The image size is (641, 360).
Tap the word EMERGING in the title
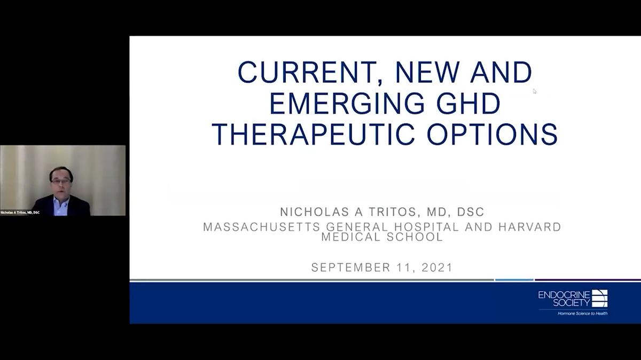[x=347, y=104]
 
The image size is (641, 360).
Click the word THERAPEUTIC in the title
[x=313, y=134]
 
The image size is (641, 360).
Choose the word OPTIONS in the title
[x=492, y=134]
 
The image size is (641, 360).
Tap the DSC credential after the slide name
[x=471, y=212]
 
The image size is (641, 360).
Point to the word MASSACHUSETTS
[x=262, y=227]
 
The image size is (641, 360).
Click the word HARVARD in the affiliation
[x=530, y=227]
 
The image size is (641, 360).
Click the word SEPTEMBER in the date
[x=350, y=268]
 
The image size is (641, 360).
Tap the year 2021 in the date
[x=437, y=268]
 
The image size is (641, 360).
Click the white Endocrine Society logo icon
[x=599, y=298]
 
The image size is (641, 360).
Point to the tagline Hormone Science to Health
[x=582, y=314]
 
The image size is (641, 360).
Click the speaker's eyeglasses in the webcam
[x=61, y=181]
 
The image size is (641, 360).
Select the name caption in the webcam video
[x=20, y=213]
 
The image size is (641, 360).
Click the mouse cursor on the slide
[x=535, y=91]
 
